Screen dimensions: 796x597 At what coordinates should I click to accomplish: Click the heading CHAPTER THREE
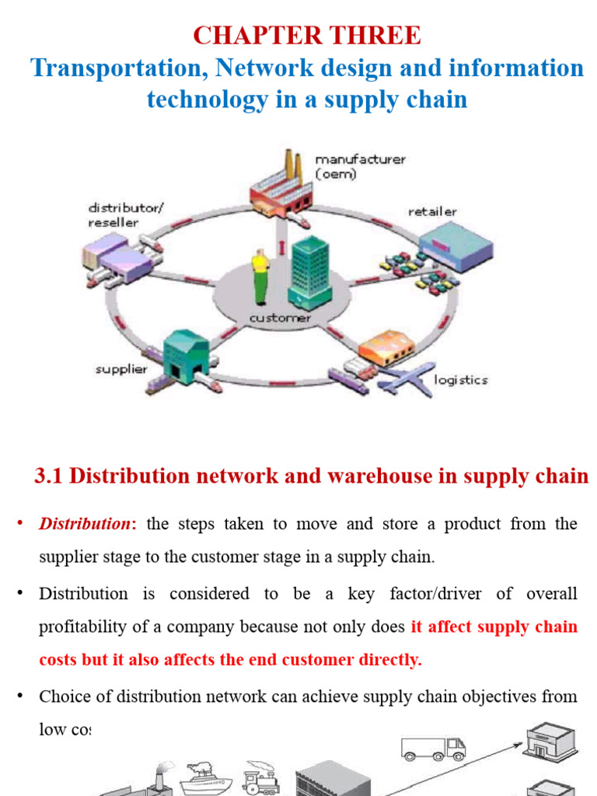coord(306,35)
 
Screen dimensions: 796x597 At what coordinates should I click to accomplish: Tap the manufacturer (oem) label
coord(359,167)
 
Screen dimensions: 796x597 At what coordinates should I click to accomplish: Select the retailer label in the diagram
coord(432,211)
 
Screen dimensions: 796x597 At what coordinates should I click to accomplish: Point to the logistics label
coord(460,380)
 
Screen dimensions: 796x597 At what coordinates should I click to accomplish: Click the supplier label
coord(121,369)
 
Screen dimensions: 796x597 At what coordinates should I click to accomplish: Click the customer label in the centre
coord(280,318)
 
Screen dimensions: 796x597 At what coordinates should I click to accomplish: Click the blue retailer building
coord(462,244)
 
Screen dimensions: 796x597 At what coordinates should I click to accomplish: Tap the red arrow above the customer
coord(281,248)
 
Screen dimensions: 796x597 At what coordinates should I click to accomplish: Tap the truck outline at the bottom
coord(433,749)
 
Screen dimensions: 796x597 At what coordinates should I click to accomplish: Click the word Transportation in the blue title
coord(119,68)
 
